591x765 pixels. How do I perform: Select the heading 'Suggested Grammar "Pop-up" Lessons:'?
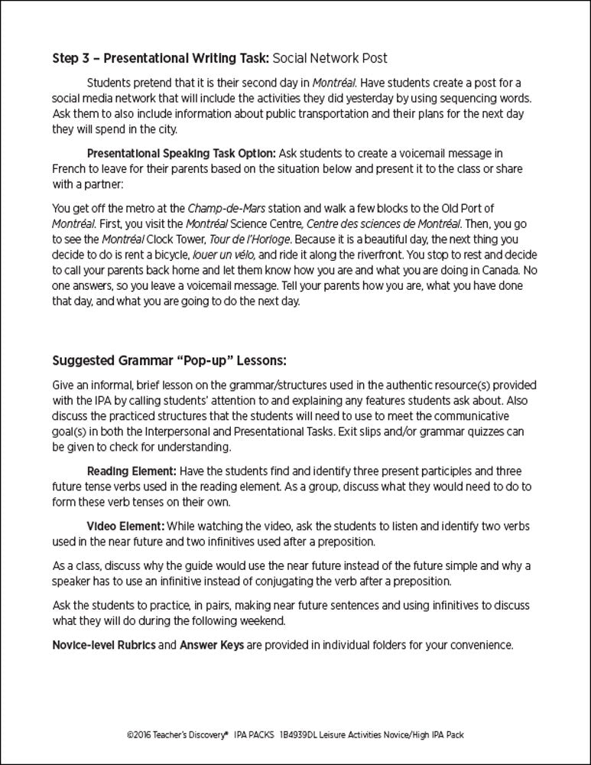click(169, 360)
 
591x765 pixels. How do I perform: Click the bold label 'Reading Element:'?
click(128, 471)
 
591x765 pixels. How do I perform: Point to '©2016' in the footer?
click(138, 734)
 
